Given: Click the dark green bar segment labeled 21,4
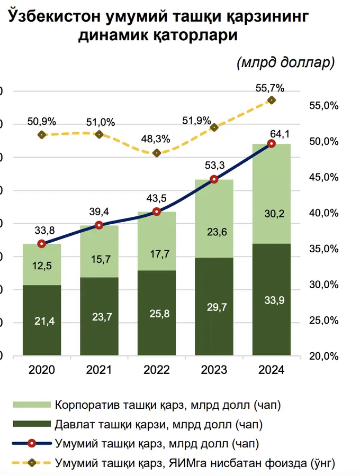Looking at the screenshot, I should pos(42,320).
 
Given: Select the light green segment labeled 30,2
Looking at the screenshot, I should pos(272,214).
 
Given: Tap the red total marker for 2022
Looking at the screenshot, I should pos(157,212).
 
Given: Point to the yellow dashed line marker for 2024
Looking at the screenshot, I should pos(272,100).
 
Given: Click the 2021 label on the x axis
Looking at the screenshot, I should pos(99,370).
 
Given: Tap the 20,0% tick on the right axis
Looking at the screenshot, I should pos(323,356).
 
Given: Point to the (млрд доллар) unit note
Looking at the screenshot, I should pos(286,62).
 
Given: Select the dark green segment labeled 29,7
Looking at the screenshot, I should pos(214,307).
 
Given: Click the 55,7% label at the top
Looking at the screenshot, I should pos(270,88).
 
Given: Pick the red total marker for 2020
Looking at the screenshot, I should pos(42,244).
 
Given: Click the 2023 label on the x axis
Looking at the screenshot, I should pos(214,370).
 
